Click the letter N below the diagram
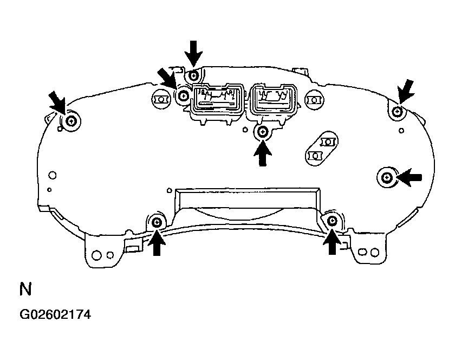point(25,289)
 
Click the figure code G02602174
point(55,314)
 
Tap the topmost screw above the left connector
point(193,76)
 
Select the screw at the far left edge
point(71,121)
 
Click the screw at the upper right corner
point(397,111)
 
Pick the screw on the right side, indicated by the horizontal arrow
point(386,177)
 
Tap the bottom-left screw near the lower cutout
point(157,223)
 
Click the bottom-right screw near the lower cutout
point(331,221)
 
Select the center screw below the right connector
point(263,132)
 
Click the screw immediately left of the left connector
point(183,95)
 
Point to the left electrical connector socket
point(218,98)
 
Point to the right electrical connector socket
point(274,98)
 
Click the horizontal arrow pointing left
point(409,177)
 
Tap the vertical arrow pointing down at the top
point(193,54)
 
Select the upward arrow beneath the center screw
point(263,153)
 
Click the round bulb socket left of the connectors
point(160,100)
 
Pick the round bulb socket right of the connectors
point(314,100)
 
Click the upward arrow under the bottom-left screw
point(157,242)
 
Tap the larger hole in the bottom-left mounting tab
point(96,255)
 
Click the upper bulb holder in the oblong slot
point(328,142)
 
